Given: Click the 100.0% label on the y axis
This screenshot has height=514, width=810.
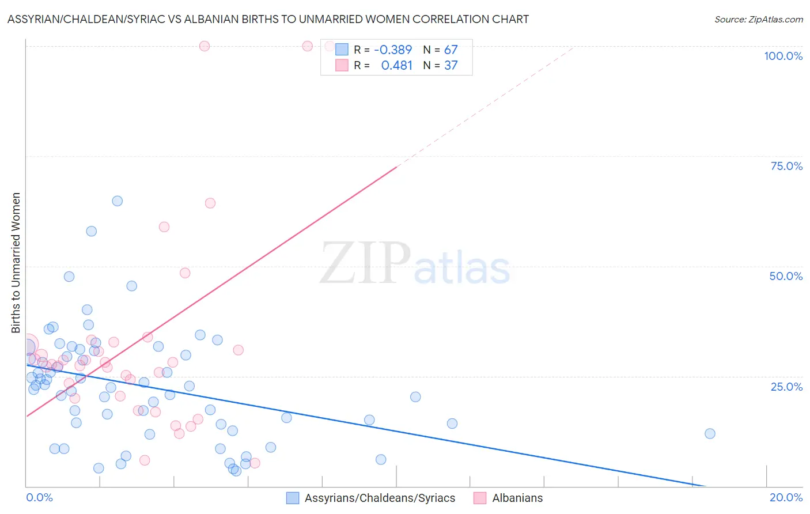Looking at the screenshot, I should click(x=783, y=56).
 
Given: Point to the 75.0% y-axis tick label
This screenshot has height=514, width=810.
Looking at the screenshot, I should click(x=786, y=166).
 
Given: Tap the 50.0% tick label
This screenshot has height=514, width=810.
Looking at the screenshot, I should click(x=786, y=276).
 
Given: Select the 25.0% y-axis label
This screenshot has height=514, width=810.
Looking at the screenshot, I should click(x=786, y=387).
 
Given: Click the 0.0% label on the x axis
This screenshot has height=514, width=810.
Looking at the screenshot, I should click(x=40, y=497).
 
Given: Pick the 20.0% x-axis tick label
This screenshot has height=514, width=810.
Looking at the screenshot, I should click(x=786, y=497).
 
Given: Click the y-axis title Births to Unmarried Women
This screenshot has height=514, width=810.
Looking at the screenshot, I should click(x=16, y=263).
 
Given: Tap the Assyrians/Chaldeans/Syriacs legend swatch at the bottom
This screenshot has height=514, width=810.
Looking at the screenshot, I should click(x=293, y=498).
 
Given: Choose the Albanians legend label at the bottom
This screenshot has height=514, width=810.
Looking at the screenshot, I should click(x=517, y=498).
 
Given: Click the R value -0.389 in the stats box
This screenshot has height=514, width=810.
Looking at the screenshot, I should click(x=393, y=50).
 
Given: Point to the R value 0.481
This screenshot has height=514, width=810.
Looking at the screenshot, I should click(x=397, y=66).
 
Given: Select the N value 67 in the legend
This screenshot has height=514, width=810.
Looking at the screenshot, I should click(x=451, y=50).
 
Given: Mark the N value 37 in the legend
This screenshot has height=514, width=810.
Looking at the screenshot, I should click(x=451, y=66).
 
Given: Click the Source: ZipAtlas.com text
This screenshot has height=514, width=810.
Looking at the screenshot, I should click(x=758, y=20).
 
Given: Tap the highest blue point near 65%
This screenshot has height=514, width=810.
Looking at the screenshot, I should click(x=117, y=201).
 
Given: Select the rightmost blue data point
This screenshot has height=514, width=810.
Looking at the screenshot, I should click(x=710, y=433).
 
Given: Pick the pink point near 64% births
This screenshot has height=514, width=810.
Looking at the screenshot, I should click(x=210, y=203).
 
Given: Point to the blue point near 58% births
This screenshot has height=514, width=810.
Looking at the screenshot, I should click(x=91, y=231).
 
